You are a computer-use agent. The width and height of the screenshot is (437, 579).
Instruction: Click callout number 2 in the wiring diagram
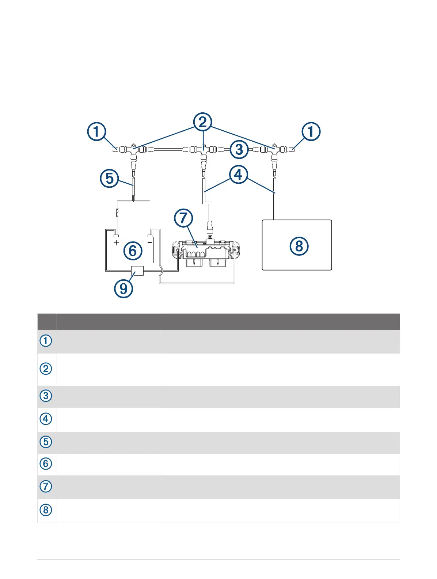pyautogui.click(x=203, y=122)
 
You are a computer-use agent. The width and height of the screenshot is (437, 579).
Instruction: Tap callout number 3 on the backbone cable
pyautogui.click(x=239, y=149)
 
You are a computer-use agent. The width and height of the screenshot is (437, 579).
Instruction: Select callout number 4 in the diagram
pyautogui.click(x=238, y=175)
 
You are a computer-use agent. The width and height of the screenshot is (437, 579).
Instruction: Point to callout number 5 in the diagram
pyautogui.click(x=109, y=179)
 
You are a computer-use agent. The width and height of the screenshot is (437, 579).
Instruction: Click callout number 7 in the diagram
pyautogui.click(x=183, y=218)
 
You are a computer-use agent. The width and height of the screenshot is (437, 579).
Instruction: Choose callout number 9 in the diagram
pyautogui.click(x=123, y=289)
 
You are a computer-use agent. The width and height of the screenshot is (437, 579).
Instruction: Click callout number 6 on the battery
pyautogui.click(x=133, y=251)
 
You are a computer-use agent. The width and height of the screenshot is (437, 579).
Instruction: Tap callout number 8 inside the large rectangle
pyautogui.click(x=299, y=246)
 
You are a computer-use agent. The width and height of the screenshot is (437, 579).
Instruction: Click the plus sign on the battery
pyautogui.click(x=116, y=243)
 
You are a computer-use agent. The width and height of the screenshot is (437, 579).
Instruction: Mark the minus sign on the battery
pyautogui.click(x=149, y=243)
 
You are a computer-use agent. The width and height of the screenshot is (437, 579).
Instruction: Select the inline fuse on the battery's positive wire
pyautogui.click(x=117, y=212)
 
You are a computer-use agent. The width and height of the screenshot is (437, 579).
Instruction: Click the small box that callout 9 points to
pyautogui.click(x=137, y=271)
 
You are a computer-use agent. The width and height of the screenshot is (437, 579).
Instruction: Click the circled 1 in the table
pyautogui.click(x=46, y=341)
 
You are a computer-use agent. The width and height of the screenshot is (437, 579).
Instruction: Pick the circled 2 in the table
pyautogui.click(x=46, y=368)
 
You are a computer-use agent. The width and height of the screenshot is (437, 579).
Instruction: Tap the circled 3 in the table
pyautogui.click(x=46, y=396)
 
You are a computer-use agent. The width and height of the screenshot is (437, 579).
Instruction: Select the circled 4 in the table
pyautogui.click(x=46, y=419)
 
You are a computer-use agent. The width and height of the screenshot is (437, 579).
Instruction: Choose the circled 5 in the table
pyautogui.click(x=46, y=442)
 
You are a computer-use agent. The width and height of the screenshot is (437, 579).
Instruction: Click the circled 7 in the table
pyautogui.click(x=46, y=486)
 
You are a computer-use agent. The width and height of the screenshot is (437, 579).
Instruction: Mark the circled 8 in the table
pyautogui.click(x=46, y=510)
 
